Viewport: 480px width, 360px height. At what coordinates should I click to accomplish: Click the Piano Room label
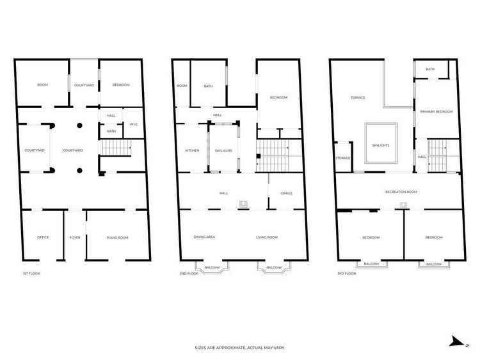[118, 238]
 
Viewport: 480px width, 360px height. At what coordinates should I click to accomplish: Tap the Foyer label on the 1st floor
[75, 237]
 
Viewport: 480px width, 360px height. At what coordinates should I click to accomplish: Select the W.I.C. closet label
[134, 124]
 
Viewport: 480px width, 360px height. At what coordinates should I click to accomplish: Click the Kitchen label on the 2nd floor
[192, 150]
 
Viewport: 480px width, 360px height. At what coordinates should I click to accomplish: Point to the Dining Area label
[205, 237]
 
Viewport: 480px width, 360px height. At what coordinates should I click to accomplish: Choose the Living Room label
[267, 237]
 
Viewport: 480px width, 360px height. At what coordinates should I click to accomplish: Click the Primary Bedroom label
[436, 112]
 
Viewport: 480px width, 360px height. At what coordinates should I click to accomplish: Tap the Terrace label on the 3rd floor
[358, 98]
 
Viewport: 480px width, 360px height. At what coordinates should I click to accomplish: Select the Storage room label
[343, 158]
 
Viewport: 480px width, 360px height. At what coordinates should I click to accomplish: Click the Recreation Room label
[401, 192]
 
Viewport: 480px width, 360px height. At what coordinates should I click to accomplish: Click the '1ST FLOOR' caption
[31, 274]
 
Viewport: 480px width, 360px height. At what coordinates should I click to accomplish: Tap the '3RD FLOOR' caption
[346, 274]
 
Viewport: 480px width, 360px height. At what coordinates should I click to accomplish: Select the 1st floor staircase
[116, 148]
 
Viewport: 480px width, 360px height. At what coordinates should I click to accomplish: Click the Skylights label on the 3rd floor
[381, 145]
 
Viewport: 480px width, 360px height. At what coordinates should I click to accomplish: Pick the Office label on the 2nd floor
[287, 193]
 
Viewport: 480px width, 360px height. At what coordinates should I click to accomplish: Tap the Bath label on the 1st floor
[111, 131]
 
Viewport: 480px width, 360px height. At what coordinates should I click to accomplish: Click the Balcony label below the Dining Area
[212, 268]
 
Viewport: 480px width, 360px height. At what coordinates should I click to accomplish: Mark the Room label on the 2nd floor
[182, 86]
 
